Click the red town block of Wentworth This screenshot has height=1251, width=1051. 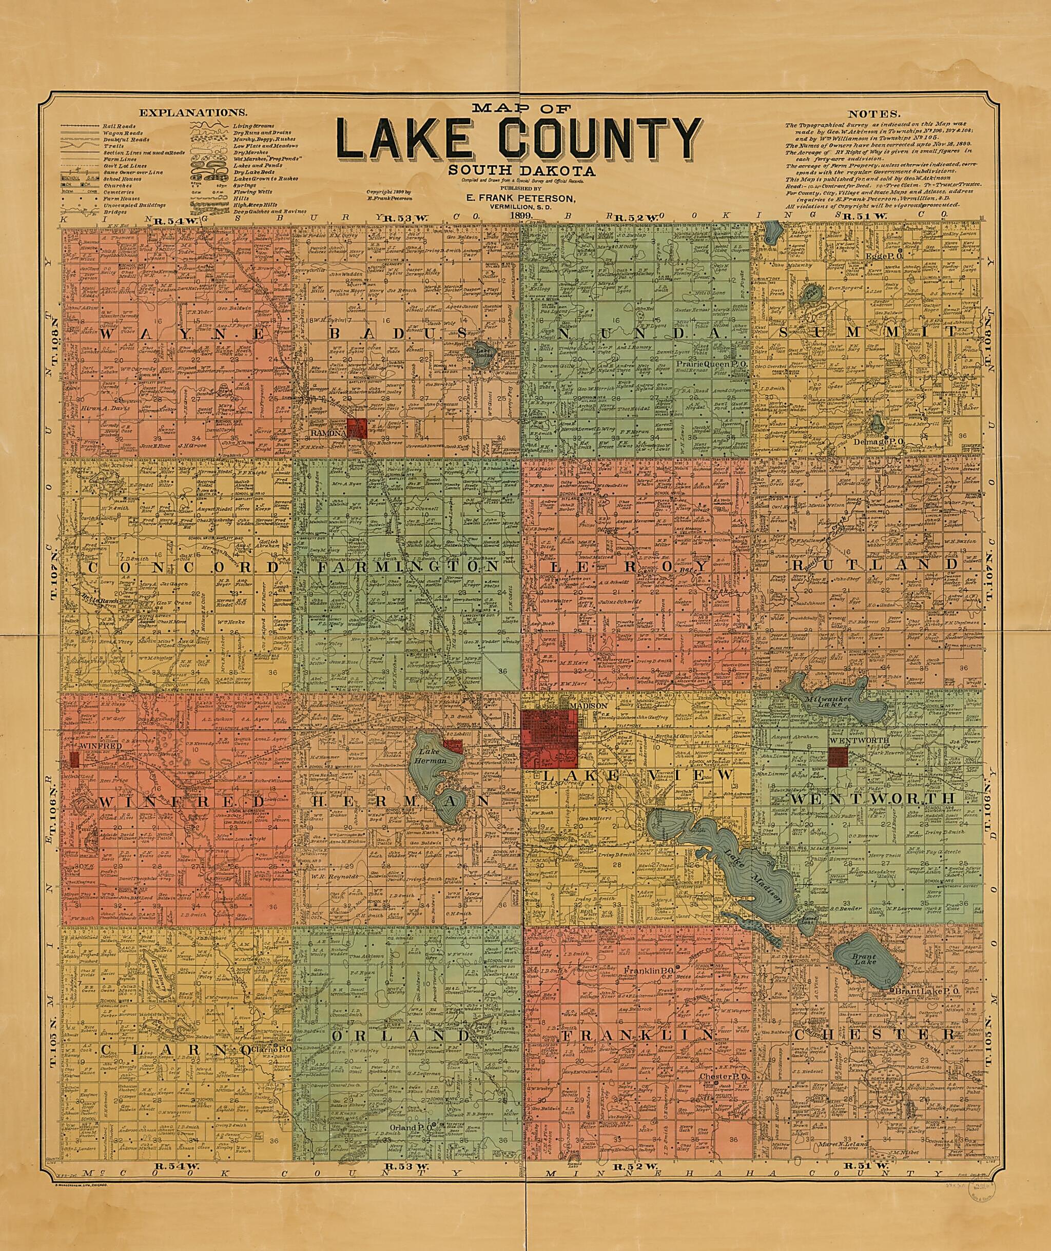(x=838, y=756)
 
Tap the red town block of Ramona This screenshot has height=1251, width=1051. (x=356, y=428)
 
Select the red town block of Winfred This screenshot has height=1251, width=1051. (x=74, y=759)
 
